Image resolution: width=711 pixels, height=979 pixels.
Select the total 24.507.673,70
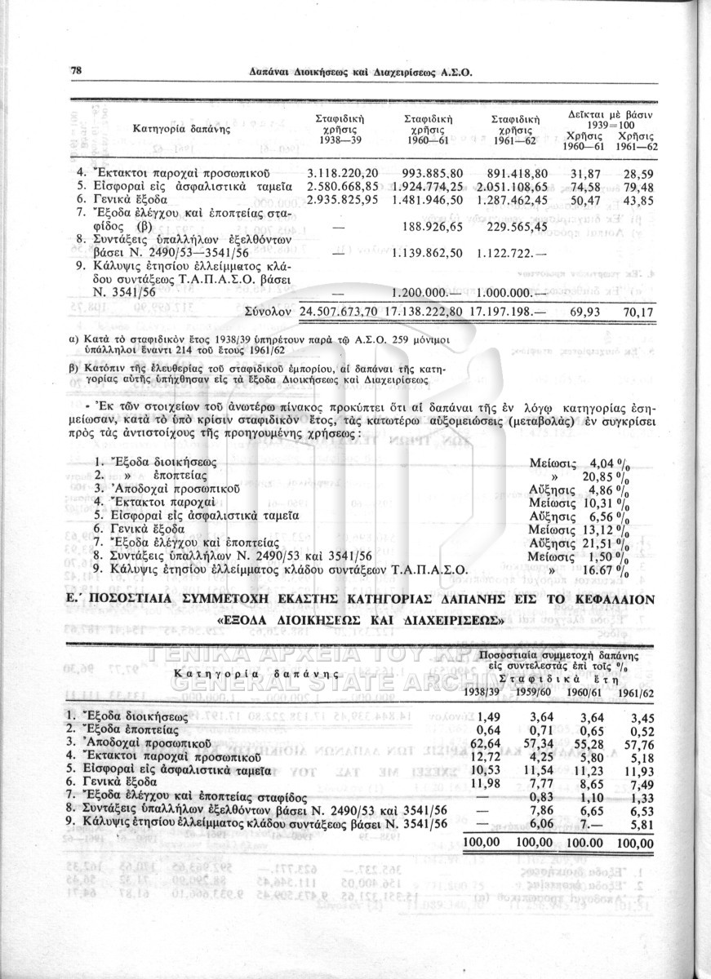[x=338, y=312]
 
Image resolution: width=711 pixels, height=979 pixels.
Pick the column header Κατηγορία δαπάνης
[x=181, y=129]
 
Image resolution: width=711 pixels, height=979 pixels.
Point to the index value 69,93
[x=582, y=312]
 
